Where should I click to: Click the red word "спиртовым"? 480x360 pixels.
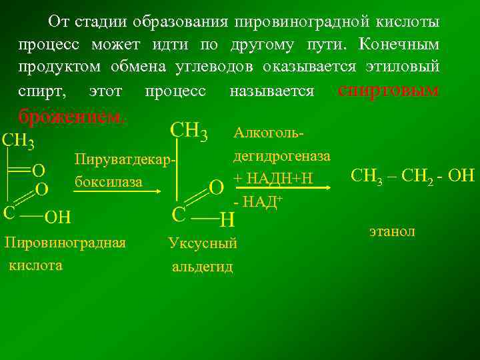pos(389,90)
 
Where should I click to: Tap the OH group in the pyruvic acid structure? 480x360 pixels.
pos(58,216)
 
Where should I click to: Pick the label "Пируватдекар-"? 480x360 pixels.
pos(127,160)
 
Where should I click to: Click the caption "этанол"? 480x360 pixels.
pos(392,231)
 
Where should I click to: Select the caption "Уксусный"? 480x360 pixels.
pos(203,244)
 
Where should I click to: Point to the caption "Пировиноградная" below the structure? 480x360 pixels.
pos(65,242)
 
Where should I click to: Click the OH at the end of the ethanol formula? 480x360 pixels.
pos(460,177)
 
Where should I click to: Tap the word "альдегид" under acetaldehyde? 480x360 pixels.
pos(203,267)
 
